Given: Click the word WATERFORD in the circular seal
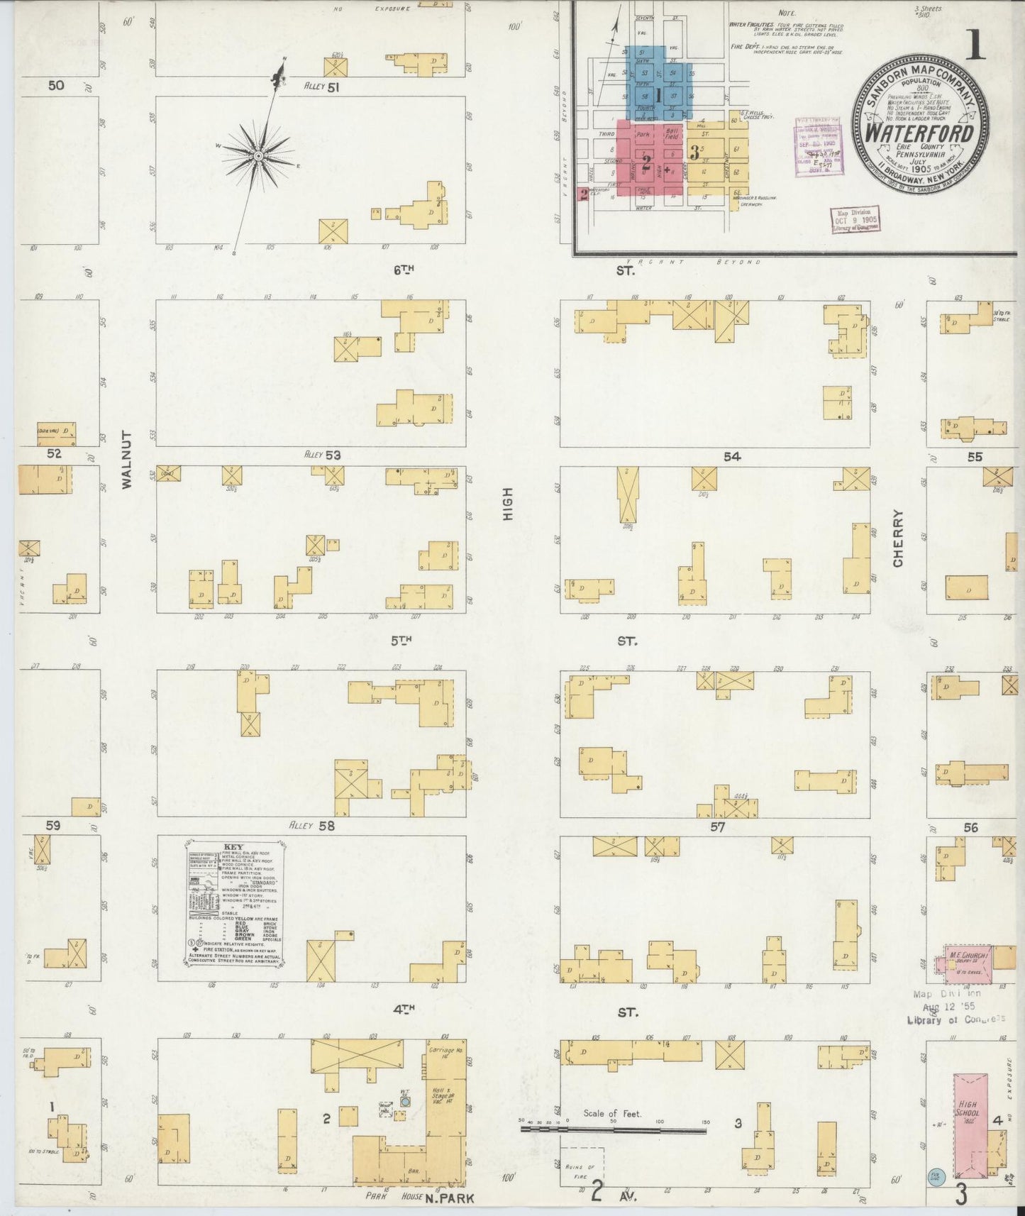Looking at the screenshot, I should point(921,132).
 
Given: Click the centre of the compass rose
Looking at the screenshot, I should point(259,155).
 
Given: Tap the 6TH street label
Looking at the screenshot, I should point(403,270).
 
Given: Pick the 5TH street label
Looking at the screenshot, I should point(401,641).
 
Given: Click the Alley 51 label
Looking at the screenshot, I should point(322,87).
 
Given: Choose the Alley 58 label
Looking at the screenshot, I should point(311,826).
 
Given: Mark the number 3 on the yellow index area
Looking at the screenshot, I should point(695,152).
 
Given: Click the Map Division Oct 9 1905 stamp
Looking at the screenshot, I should point(855,220).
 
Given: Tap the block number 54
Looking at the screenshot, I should point(732,457).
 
